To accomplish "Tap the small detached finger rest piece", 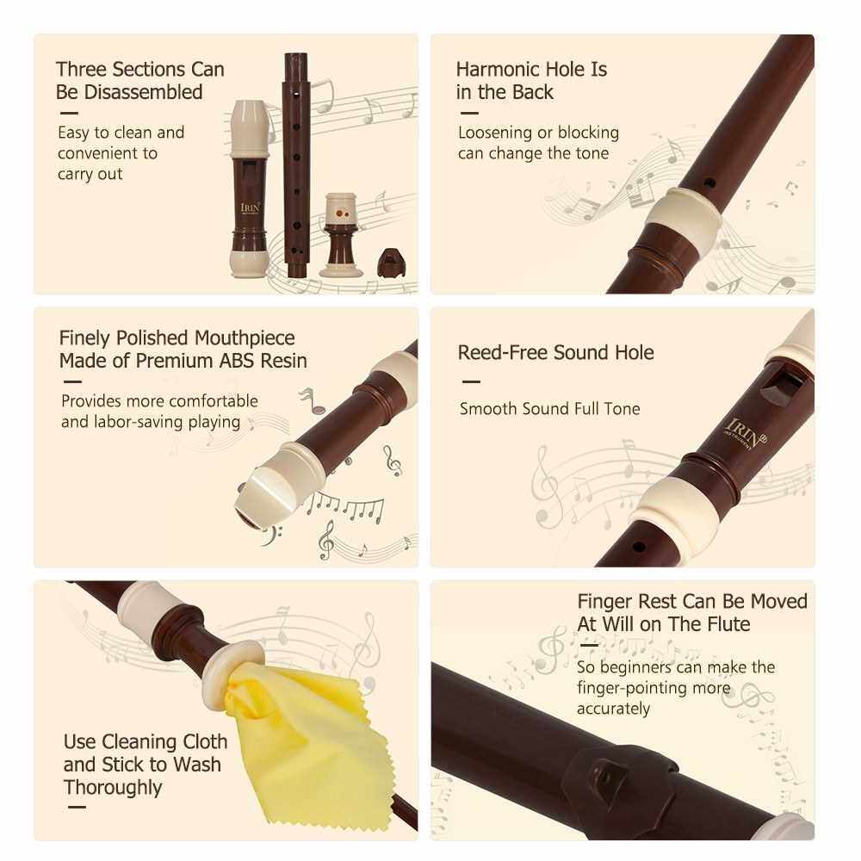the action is pyautogui.click(x=390, y=262).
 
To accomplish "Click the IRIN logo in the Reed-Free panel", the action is pyautogui.click(x=746, y=434).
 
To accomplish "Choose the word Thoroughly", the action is pyautogui.click(x=113, y=788).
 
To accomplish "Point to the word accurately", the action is pyautogui.click(x=613, y=709).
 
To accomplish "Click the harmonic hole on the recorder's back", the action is pyautogui.click(x=709, y=183).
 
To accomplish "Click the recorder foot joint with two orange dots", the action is pyautogui.click(x=342, y=234).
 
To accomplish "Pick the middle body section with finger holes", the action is pyautogui.click(x=296, y=164).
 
